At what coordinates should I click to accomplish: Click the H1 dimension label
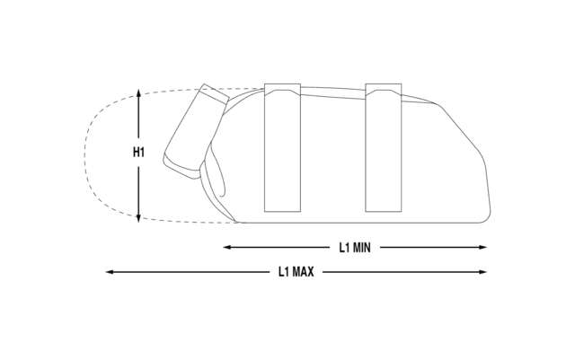point(138,152)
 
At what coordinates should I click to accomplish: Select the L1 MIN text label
point(355,248)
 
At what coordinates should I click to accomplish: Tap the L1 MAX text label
point(296,272)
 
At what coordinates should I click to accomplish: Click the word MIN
point(361,248)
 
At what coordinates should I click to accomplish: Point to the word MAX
point(303,272)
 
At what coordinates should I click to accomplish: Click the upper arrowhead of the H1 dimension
point(138,93)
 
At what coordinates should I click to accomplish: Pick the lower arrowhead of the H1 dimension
point(138,218)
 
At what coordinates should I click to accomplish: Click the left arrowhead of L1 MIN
point(227,248)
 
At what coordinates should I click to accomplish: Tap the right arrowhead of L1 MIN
point(482,248)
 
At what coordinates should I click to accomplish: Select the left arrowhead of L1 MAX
point(110,272)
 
